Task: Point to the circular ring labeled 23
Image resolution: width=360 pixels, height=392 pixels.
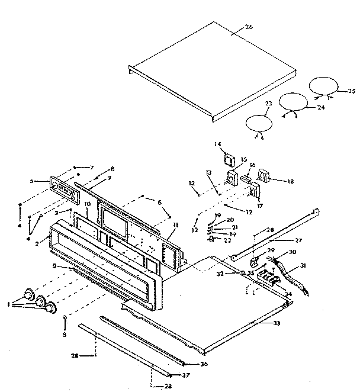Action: (x=259, y=124)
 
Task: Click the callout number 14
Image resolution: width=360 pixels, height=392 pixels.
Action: (x=217, y=144)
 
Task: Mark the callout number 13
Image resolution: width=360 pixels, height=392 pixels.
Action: (x=208, y=172)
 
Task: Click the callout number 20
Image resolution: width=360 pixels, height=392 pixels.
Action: (x=230, y=220)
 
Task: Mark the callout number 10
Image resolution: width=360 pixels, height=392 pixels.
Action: (x=86, y=204)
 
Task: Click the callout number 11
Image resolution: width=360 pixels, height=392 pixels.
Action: (x=176, y=226)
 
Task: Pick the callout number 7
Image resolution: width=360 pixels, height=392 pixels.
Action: (x=92, y=168)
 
